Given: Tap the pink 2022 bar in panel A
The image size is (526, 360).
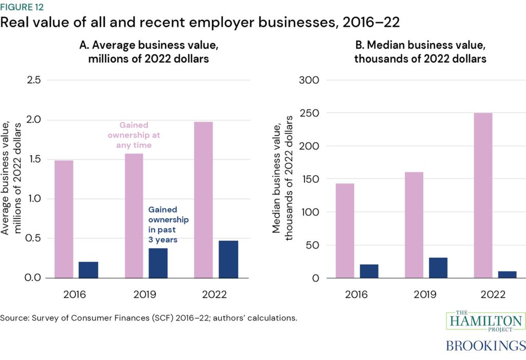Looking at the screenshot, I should (203, 200).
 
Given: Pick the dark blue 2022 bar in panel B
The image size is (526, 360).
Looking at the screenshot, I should (506, 274).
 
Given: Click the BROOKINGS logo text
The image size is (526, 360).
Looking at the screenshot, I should (485, 345).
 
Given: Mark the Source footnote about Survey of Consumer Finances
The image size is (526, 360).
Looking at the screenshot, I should (149, 318).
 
